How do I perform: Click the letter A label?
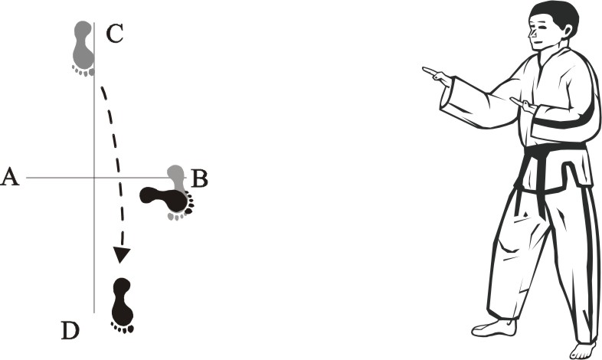coord(10,177)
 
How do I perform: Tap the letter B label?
coord(199,178)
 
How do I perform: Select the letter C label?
coord(114,34)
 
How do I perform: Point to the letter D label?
coord(70,330)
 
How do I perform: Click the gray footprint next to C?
coord(83,48)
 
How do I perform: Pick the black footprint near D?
coord(123,306)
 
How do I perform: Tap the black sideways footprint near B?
coord(167,200)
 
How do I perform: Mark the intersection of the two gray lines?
coord(94,178)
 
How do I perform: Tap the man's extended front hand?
coord(437,76)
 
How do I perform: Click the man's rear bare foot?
coord(494,329)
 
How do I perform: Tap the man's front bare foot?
coord(583,350)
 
